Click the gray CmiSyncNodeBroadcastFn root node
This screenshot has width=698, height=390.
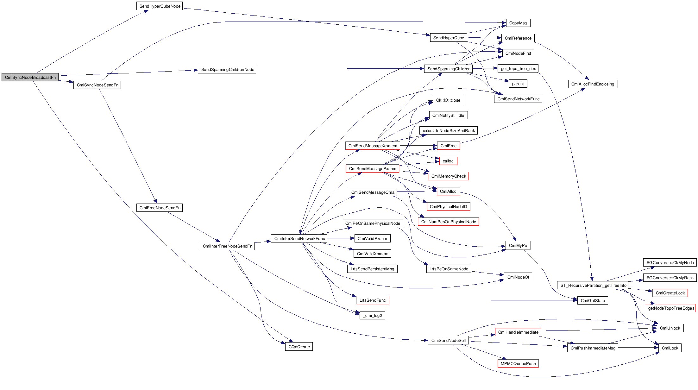[x=30, y=77]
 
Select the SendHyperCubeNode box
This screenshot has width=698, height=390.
[x=160, y=6]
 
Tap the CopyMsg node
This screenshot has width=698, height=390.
[x=518, y=23]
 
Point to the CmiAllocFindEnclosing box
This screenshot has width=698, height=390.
[x=593, y=84]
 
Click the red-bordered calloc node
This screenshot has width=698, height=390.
[x=448, y=161]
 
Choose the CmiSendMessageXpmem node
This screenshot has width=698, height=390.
[x=373, y=146]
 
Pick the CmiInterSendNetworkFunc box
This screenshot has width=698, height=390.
[x=299, y=238]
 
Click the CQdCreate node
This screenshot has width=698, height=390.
[x=299, y=347]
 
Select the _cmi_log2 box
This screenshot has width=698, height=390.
[x=372, y=315]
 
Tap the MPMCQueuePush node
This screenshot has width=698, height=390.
[x=518, y=363]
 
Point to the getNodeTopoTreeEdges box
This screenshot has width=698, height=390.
[x=671, y=308]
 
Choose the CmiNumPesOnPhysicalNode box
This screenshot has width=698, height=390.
[x=448, y=222]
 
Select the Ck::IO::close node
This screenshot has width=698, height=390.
[x=448, y=100]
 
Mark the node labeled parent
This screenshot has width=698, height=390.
[x=518, y=84]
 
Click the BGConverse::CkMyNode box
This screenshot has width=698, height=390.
[x=670, y=262]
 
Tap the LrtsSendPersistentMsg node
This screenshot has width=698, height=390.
[x=372, y=269]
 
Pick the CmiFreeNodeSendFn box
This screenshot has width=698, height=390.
[x=160, y=208]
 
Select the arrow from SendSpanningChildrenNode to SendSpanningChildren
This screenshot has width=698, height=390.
[x=339, y=69]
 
